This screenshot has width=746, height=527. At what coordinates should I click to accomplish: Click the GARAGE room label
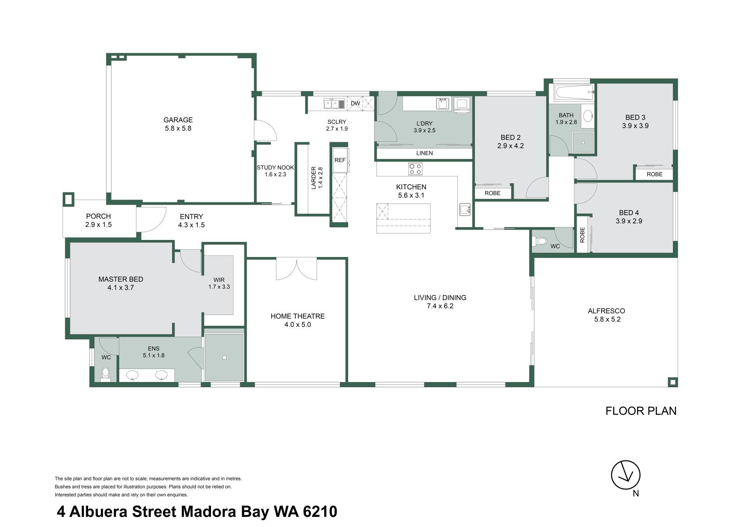178,120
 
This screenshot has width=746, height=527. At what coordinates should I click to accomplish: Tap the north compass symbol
626,475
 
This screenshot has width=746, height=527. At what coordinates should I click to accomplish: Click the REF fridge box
340,160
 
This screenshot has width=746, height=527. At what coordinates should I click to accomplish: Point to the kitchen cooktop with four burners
415,169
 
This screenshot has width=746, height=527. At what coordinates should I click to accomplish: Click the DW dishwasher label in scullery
355,104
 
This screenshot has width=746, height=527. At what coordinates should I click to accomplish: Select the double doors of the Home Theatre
296,269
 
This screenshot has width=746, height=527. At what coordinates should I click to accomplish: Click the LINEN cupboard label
424,153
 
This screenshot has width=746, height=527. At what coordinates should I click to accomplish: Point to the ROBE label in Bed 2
493,193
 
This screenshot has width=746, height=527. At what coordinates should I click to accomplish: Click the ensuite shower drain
225,358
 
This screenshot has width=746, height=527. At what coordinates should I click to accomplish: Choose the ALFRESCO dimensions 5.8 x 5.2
607,320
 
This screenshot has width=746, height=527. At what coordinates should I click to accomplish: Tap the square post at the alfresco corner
673,382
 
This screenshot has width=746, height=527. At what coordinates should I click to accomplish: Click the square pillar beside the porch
68,199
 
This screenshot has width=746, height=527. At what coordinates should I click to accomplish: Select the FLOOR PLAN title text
641,411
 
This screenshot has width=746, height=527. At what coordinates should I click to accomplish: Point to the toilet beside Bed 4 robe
541,242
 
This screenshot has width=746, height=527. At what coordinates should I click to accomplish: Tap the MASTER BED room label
121,279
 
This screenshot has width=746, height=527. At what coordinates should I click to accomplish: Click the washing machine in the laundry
462,105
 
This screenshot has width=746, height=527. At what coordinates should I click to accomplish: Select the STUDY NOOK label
275,168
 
